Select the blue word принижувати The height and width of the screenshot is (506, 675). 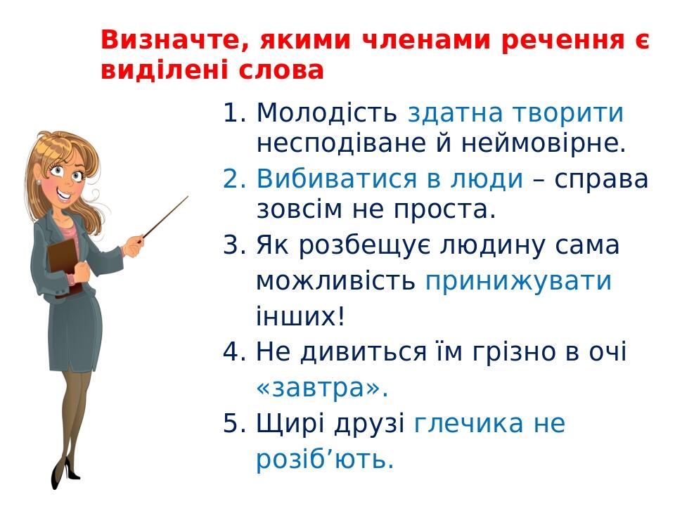tap(518, 281)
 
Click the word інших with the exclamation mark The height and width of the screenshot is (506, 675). tap(300, 317)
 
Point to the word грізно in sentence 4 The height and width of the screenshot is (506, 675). tap(517, 352)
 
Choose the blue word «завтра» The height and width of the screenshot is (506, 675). tap(322, 388)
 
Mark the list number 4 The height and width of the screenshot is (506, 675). tap(233, 352)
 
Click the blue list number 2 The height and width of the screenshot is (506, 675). tap(233, 180)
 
